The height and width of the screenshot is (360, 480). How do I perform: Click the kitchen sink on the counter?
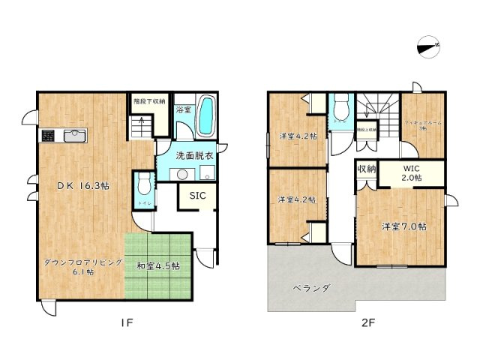coord(76,135)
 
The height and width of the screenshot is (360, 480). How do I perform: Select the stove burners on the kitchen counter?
coord(48,136)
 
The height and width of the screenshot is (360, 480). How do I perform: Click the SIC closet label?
coord(197,196)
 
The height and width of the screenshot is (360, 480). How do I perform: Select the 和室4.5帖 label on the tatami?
coord(157,265)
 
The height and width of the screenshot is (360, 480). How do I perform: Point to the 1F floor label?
coord(127,324)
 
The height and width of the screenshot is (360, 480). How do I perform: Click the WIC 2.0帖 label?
coord(411,172)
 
